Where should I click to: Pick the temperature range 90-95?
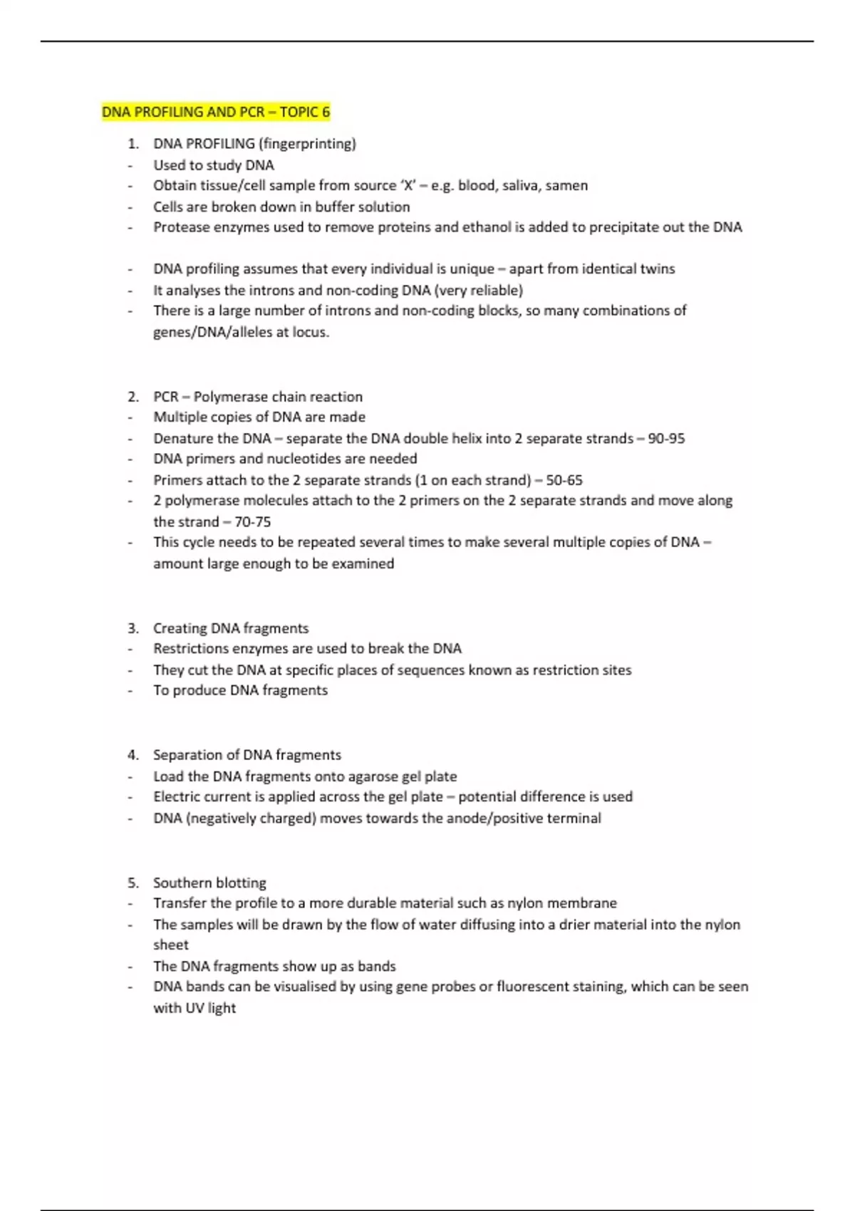click(666, 439)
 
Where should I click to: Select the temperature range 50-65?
click(564, 480)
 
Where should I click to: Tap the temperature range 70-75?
click(252, 522)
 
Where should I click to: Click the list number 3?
click(133, 628)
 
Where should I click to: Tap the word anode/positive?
click(499, 818)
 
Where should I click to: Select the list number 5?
click(133, 883)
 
